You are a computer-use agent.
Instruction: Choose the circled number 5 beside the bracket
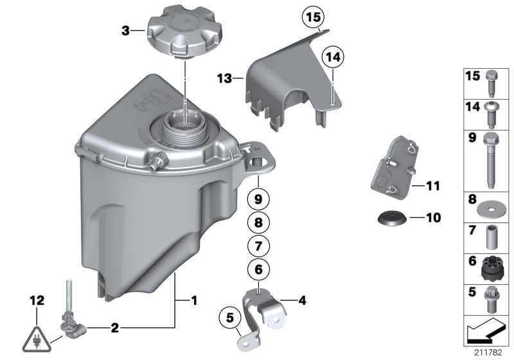pyautogui.click(x=226, y=318)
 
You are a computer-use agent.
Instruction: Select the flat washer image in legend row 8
pyautogui.click(x=490, y=208)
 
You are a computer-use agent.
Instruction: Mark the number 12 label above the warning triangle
pyautogui.click(x=37, y=300)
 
